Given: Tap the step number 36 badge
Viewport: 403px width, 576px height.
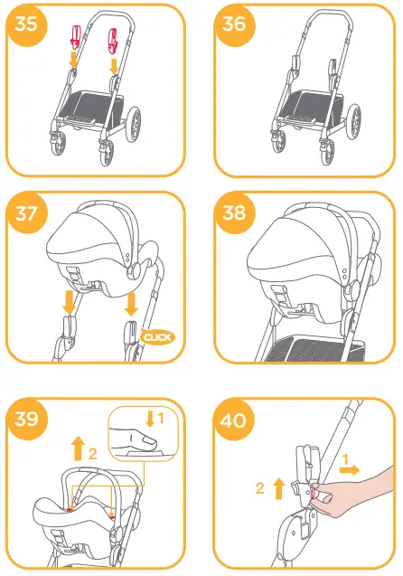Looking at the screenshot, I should [233, 24].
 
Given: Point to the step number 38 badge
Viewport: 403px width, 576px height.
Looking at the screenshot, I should [233, 214].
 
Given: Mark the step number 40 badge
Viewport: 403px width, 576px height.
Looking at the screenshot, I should [233, 419].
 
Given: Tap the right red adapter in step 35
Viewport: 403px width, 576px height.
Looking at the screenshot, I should [114, 38].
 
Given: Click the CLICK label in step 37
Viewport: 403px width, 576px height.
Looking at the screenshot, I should [158, 337].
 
